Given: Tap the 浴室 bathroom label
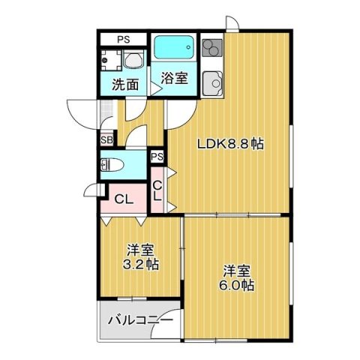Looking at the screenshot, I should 174,77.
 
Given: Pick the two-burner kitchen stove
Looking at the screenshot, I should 211,48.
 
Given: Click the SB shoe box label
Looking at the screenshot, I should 106,140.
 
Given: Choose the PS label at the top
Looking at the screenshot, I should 121,38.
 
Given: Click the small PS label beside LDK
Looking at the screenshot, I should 157,156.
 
